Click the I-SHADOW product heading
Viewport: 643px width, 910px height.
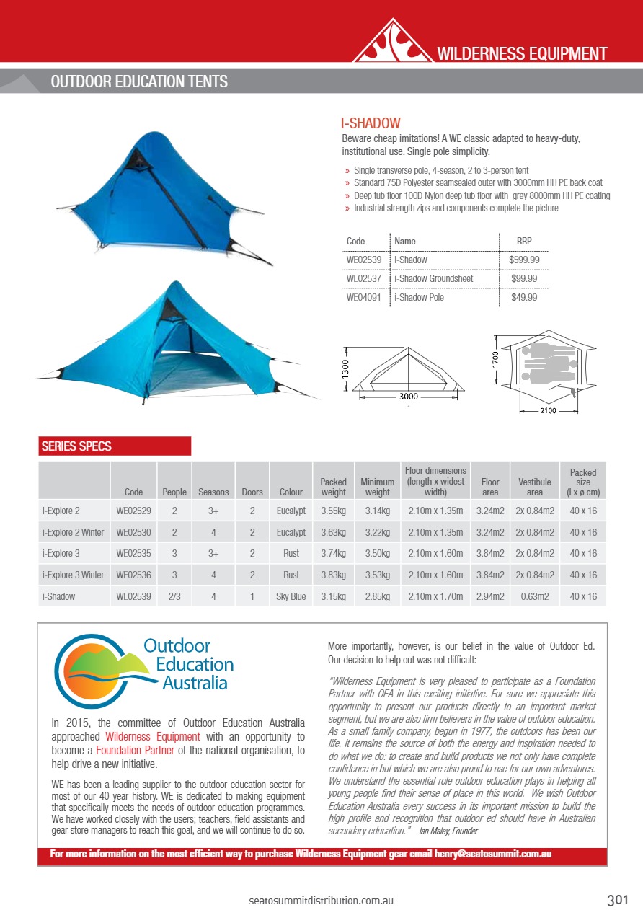coord(371,123)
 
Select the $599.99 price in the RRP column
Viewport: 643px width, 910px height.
coord(524,260)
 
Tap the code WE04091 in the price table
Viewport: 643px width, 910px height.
coord(364,297)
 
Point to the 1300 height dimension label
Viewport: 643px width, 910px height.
coord(345,369)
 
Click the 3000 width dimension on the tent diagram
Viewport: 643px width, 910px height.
coord(408,397)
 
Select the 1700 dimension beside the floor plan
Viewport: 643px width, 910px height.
coord(495,355)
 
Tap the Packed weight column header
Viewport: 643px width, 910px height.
coord(333,487)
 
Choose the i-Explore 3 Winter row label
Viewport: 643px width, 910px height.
coord(73,575)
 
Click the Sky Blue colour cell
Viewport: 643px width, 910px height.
coord(291,596)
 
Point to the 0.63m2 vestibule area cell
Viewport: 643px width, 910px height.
coord(535,596)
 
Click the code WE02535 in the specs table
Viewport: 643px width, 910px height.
coord(133,554)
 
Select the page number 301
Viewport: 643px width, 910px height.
coord(618,900)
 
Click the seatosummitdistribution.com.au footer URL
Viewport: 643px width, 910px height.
coord(321,901)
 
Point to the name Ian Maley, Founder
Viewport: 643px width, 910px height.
coord(448,831)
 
